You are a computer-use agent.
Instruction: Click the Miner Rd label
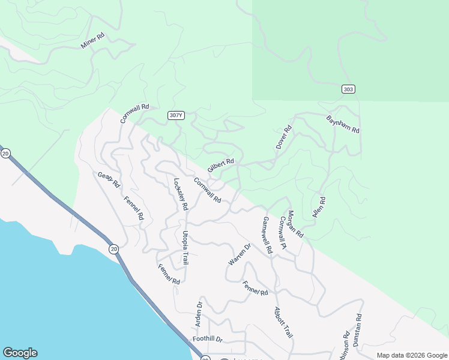click(x=92, y=41)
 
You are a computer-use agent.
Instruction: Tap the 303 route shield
click(x=348, y=89)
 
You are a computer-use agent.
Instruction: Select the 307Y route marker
click(x=175, y=115)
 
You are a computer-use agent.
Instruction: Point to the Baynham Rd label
click(x=343, y=124)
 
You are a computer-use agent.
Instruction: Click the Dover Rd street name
click(x=283, y=137)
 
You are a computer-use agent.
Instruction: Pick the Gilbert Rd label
click(x=220, y=165)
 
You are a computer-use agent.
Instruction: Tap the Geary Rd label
click(x=109, y=180)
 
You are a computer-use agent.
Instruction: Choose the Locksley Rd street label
click(x=181, y=194)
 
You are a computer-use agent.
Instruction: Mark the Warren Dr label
click(x=239, y=255)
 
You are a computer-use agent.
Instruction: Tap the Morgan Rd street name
click(x=295, y=224)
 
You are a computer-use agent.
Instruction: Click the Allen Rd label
click(x=319, y=208)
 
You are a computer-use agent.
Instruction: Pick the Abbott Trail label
click(x=283, y=323)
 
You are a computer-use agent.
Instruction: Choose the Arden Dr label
click(x=199, y=314)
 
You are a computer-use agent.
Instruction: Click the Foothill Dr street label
click(x=208, y=340)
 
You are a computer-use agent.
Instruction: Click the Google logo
click(x=20, y=353)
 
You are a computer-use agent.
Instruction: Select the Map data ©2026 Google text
click(x=411, y=355)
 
